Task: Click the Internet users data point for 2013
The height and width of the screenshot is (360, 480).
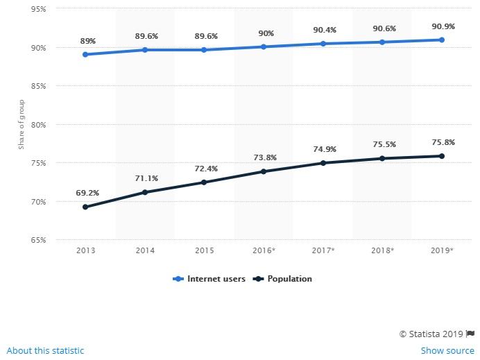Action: (x=85, y=54)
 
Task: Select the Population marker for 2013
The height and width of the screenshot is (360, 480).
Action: (x=85, y=207)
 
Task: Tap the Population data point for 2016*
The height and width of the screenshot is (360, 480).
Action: (x=264, y=171)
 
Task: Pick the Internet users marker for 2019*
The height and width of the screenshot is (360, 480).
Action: (x=441, y=40)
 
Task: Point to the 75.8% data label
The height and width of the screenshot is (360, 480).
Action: (x=441, y=143)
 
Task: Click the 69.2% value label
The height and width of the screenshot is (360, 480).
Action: (x=85, y=193)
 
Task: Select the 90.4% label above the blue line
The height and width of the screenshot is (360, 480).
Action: (x=323, y=30)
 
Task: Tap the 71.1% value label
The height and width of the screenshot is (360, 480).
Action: (x=145, y=178)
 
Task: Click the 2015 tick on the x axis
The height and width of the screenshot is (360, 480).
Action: (x=204, y=250)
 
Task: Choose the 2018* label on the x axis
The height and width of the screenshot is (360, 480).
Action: (x=382, y=250)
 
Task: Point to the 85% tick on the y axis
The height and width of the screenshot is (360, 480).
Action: (x=37, y=86)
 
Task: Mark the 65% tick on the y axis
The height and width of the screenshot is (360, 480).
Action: (x=37, y=240)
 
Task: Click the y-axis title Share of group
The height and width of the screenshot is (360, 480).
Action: (x=22, y=125)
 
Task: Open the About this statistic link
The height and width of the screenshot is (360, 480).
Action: (x=45, y=350)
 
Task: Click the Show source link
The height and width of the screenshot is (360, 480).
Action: (x=447, y=350)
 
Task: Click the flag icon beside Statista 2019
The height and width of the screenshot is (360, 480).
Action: (x=470, y=334)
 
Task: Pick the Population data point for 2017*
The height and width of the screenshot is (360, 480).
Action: (x=323, y=163)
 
